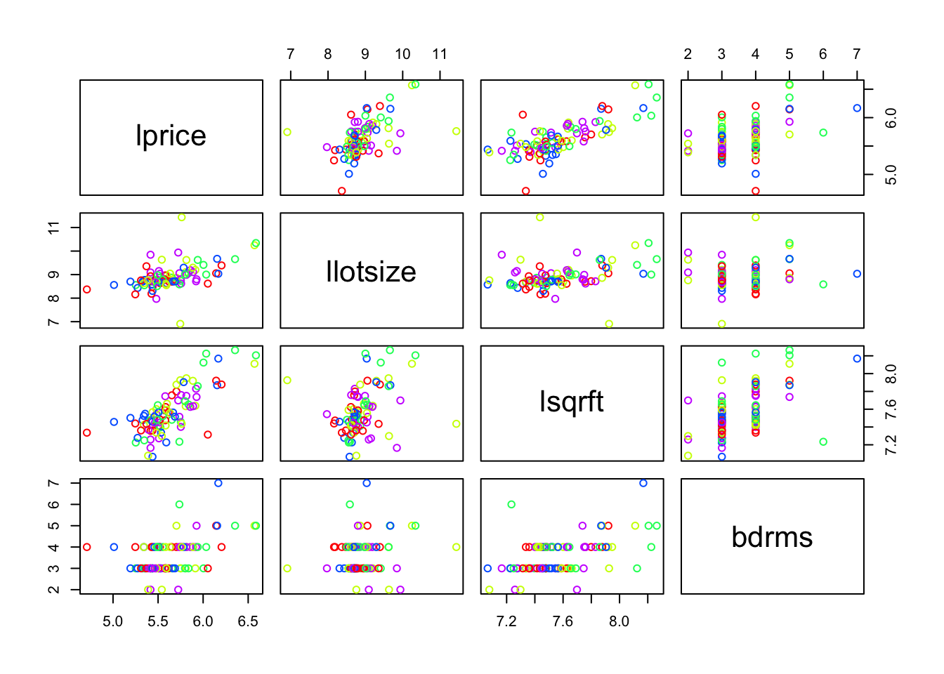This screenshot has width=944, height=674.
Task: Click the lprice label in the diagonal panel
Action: click(171, 136)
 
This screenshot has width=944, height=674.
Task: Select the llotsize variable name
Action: click(371, 272)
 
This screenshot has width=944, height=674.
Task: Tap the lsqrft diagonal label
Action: click(571, 402)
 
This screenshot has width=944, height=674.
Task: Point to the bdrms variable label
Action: click(772, 537)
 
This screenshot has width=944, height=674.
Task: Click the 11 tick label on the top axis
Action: click(440, 54)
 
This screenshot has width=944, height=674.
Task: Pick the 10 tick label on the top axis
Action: click(402, 54)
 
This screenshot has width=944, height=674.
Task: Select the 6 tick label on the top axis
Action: click(823, 54)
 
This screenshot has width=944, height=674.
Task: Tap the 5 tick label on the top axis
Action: click(789, 54)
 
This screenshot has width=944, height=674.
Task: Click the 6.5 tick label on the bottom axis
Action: click(248, 621)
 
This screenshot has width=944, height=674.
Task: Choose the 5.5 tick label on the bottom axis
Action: click(158, 621)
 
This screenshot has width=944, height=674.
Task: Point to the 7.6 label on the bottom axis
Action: click(563, 621)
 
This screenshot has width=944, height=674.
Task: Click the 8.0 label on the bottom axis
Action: click(619, 621)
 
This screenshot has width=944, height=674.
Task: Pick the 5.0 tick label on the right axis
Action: click(891, 175)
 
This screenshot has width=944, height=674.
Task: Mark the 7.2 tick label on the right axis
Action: click(891, 444)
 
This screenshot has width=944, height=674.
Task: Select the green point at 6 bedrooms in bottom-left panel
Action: click(179, 504)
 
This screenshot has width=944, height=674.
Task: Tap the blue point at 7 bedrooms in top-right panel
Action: click(857, 108)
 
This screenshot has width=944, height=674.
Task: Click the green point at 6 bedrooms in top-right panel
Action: click(823, 133)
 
